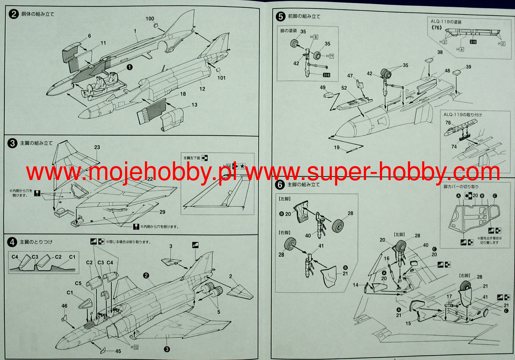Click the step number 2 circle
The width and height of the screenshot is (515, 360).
[14, 14]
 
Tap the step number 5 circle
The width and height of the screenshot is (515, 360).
[280, 17]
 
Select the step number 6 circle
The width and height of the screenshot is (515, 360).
[280, 185]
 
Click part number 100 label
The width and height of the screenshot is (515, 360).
[150, 19]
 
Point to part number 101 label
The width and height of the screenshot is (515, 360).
[221, 78]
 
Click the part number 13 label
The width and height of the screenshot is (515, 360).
[194, 105]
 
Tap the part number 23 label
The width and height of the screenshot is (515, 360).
[97, 147]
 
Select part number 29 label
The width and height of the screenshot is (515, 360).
[162, 212]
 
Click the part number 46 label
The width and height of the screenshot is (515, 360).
[64, 306]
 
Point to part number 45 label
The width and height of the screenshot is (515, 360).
[118, 351]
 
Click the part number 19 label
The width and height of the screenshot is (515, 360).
[337, 147]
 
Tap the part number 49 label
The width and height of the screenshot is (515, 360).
[323, 87]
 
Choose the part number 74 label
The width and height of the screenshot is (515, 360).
[454, 147]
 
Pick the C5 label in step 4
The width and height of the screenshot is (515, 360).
[78, 283]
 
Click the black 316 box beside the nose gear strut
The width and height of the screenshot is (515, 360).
[327, 75]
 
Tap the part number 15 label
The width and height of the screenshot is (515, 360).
[408, 323]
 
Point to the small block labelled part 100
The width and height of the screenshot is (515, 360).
[156, 26]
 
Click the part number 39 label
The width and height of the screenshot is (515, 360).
[468, 67]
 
